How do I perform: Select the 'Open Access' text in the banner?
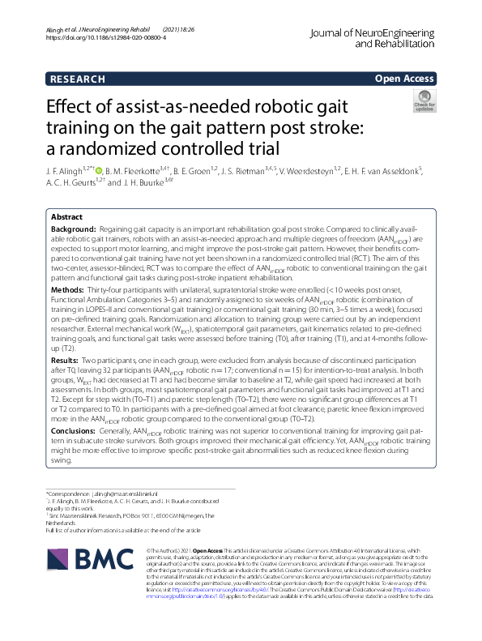click(x=407, y=79)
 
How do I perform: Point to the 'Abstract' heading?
click(x=66, y=218)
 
